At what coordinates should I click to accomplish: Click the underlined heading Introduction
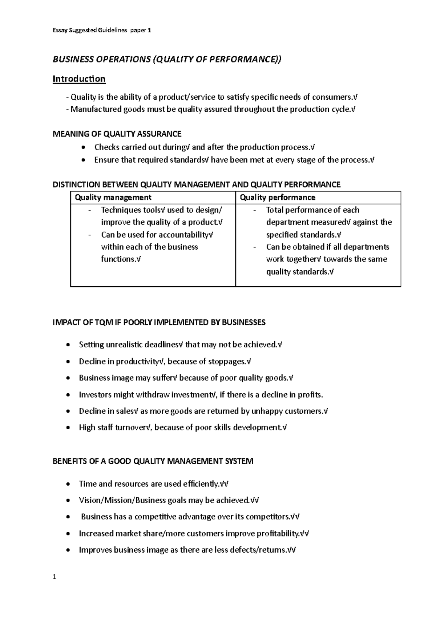[x=79, y=79]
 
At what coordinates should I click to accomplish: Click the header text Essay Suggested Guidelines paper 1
[x=102, y=31]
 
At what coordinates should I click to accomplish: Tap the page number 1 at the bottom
[x=54, y=577]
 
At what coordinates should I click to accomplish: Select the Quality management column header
[x=113, y=197]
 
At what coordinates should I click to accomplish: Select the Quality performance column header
[x=278, y=197]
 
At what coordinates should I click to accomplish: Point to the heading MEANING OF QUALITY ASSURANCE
[x=117, y=134]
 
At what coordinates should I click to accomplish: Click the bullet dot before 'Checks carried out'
[x=84, y=147]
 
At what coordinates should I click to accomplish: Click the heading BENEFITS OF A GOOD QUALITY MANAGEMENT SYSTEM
[x=153, y=461]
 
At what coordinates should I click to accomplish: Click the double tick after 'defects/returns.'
[x=291, y=550]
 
